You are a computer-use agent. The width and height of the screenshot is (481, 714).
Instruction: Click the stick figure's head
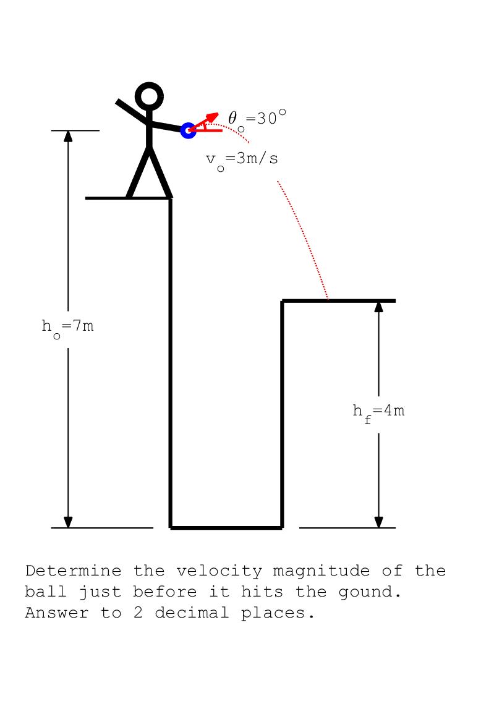coord(149,96)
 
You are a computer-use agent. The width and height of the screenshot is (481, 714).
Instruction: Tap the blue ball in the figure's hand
coord(188,130)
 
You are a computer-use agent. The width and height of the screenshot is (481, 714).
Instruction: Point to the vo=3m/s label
coord(242,159)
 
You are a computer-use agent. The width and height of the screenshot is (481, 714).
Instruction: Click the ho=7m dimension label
coord(68,326)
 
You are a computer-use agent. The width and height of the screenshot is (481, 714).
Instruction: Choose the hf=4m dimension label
coord(378,411)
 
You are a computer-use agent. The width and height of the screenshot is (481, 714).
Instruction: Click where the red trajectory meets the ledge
coord(328,300)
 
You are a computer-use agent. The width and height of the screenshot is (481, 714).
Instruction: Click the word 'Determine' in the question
coord(73,571)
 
